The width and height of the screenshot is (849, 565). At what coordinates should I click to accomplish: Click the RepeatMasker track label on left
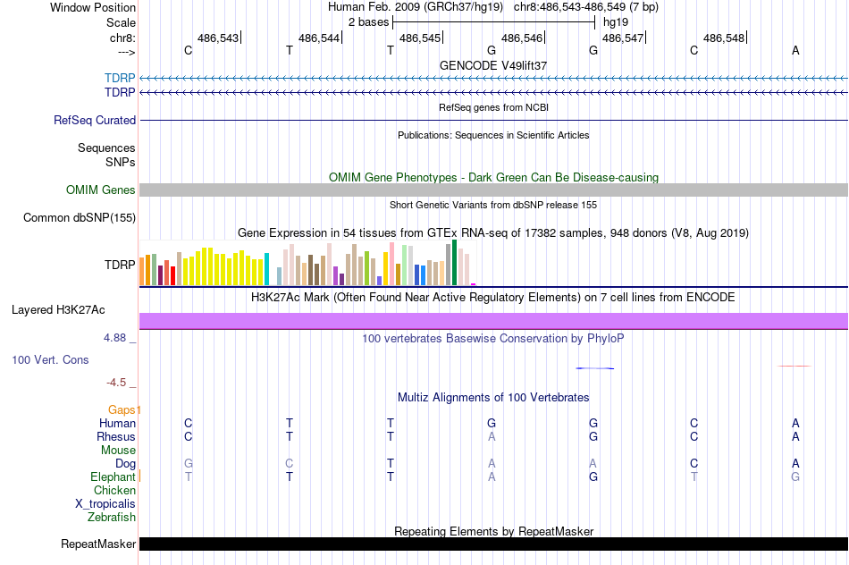click(x=98, y=544)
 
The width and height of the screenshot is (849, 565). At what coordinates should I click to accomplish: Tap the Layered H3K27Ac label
click(x=58, y=310)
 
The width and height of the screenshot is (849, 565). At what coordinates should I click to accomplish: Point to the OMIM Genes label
click(x=101, y=190)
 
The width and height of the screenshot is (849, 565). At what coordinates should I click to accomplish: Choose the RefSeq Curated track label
click(x=95, y=120)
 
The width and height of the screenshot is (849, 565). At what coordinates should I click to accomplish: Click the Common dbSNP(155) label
click(x=80, y=217)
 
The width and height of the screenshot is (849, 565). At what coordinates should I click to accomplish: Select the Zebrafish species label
click(x=112, y=517)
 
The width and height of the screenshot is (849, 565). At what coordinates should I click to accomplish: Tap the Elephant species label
click(x=113, y=477)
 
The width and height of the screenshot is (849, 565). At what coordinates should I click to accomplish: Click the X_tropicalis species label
click(x=105, y=503)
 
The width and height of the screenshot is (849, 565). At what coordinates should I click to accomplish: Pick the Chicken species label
click(x=114, y=490)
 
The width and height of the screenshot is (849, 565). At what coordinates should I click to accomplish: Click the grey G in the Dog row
click(x=188, y=464)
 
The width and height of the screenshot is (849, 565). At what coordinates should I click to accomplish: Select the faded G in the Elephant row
click(x=795, y=477)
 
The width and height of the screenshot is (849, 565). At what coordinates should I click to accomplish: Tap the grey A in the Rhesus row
click(x=492, y=437)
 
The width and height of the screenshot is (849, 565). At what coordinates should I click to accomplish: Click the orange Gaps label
click(x=123, y=409)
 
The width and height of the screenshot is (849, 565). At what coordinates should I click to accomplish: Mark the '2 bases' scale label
click(x=368, y=21)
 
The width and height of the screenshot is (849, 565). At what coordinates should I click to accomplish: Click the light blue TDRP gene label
click(x=120, y=79)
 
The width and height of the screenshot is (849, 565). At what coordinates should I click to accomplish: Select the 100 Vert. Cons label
click(x=50, y=359)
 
